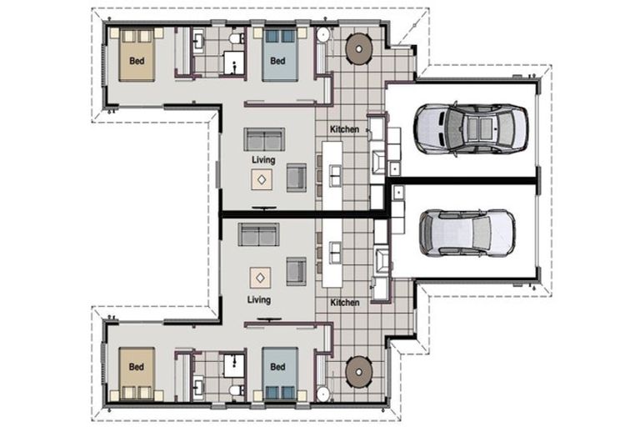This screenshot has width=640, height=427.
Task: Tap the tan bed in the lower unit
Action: (137, 371)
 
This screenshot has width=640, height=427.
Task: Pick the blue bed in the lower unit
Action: (278, 371)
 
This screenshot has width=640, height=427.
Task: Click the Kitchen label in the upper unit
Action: (345, 129)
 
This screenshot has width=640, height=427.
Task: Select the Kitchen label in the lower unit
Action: (345, 302)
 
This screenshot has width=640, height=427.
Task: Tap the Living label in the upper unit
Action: (264, 159)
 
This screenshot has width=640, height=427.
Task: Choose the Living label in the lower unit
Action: (258, 299)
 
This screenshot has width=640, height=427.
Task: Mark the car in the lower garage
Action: (466, 233)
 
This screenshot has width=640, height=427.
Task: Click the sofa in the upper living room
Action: (264, 138)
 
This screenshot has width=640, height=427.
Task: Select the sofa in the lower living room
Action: (259, 235)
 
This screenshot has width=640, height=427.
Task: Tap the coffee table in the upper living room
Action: (262, 178)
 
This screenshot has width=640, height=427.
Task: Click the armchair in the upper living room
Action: (296, 178)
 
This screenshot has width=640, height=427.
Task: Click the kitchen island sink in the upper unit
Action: (335, 174)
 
